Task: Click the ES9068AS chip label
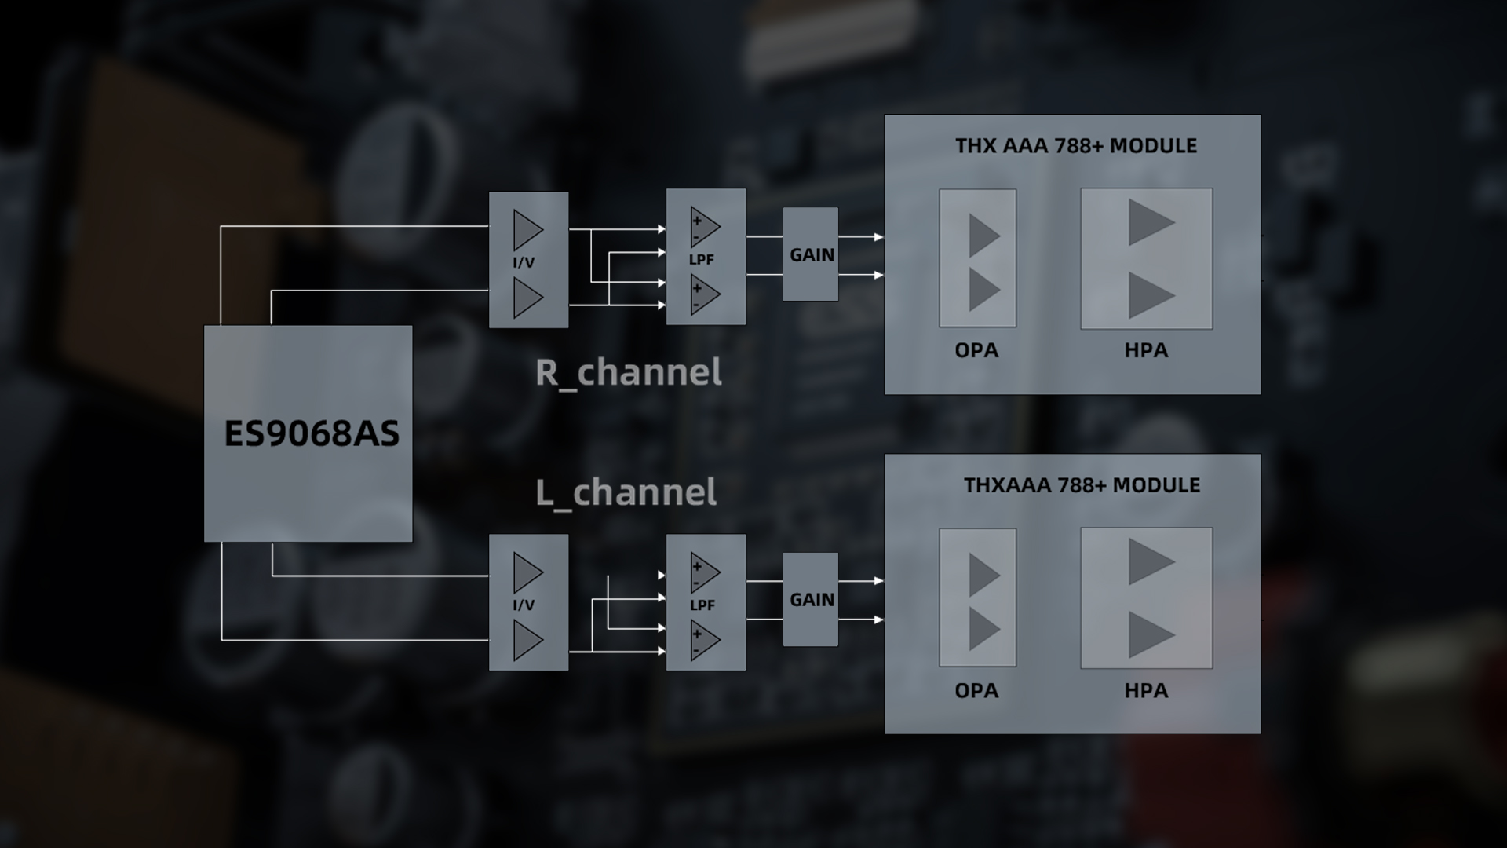coord(312,433)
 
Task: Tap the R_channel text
coord(628,372)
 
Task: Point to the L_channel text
coord(626,492)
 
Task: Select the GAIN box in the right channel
coord(811,254)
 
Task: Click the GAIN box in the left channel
coord(811,600)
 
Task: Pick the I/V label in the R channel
coord(524,262)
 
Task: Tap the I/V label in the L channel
coord(524,605)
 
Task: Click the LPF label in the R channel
coord(702,260)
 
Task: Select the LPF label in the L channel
coord(702,605)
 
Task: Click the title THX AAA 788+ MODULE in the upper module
coord(1075,146)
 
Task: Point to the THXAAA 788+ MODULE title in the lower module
coord(1082,485)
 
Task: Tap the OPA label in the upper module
coord(976,350)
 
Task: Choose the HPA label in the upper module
coord(1146,350)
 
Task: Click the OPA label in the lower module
coord(976,691)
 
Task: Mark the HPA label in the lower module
coord(1146,691)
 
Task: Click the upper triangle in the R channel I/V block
coord(527,230)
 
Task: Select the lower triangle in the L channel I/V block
coord(527,640)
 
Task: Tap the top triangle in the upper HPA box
coord(1150,222)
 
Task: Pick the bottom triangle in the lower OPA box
coord(983,629)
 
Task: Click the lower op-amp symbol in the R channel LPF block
coord(703,295)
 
